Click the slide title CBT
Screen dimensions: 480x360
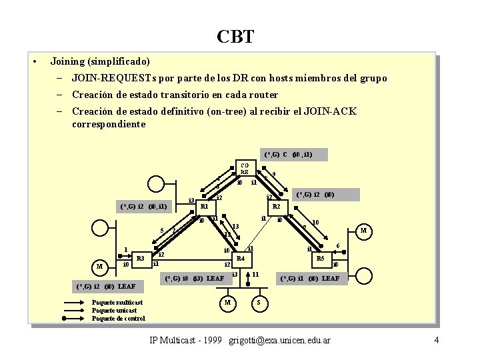coord(235,37)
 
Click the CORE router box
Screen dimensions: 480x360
coord(245,167)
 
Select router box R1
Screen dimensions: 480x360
coord(205,207)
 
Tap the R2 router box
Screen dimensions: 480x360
coord(276,207)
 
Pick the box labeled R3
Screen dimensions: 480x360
coord(140,258)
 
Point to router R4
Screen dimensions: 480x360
coord(240,258)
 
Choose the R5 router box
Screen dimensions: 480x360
coord(320,258)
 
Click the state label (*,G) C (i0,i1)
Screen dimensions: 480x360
coord(288,155)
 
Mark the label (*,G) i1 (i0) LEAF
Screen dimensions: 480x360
coord(311,278)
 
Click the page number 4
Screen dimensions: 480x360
coord(436,341)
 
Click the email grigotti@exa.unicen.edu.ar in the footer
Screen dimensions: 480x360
coord(280,341)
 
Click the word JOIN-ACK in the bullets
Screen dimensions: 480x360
coord(329,111)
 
